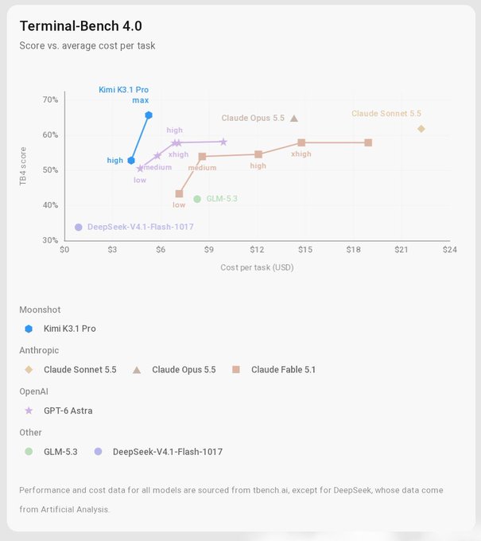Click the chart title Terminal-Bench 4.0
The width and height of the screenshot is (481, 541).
click(x=80, y=26)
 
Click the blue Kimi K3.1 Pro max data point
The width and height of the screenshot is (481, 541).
click(x=149, y=115)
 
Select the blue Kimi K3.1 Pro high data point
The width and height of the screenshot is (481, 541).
click(x=131, y=161)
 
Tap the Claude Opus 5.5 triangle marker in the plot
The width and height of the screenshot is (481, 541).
click(x=294, y=119)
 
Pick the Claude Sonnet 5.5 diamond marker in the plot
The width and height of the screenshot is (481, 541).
click(x=421, y=129)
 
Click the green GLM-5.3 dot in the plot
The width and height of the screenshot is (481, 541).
click(x=197, y=199)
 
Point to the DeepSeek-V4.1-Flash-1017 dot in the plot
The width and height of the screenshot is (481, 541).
click(x=79, y=228)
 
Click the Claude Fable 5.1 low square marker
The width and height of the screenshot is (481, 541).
click(x=179, y=194)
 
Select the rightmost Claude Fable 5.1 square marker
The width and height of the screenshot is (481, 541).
click(x=368, y=143)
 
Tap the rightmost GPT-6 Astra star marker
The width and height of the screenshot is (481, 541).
click(x=223, y=142)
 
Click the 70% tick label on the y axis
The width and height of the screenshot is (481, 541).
click(x=50, y=99)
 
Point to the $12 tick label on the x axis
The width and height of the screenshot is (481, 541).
click(x=257, y=250)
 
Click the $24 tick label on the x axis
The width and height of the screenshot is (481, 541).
click(x=450, y=250)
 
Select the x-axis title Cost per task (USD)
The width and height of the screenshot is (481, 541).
click(x=257, y=268)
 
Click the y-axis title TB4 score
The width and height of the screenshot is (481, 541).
click(x=23, y=166)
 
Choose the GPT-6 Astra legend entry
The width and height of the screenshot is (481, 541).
click(x=59, y=411)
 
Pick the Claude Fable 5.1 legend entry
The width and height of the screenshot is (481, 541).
click(x=273, y=370)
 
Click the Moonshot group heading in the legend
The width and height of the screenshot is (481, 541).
click(x=40, y=309)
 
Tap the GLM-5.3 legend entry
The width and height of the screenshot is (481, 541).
click(x=51, y=452)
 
